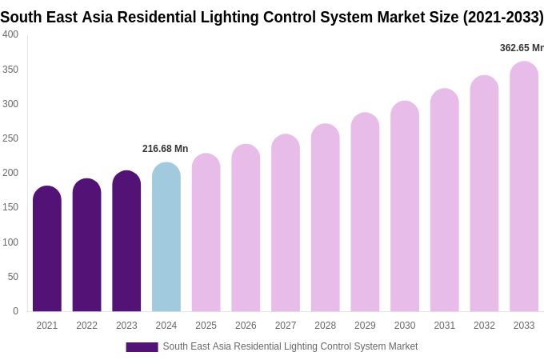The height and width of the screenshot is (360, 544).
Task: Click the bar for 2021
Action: coord(47,250)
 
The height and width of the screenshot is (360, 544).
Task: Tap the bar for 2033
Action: coord(524,187)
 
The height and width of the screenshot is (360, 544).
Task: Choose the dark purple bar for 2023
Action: coord(126,242)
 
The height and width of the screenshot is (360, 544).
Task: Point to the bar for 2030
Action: coord(405,207)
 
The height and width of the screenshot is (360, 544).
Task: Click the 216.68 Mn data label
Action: coord(165,149)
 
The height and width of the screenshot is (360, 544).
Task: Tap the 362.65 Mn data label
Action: coord(521,48)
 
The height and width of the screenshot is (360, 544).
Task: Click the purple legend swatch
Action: coord(142,347)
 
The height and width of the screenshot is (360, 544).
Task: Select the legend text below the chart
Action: coord(290,346)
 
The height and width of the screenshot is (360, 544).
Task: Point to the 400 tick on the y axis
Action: coord(10,34)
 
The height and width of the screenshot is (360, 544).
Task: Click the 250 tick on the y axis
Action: coord(10,138)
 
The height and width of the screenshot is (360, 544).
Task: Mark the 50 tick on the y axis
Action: coord(13,277)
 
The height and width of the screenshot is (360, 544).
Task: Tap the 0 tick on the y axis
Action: coord(15,311)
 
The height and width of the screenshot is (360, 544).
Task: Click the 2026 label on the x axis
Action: coord(246,326)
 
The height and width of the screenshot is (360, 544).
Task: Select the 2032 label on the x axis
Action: coord(484,326)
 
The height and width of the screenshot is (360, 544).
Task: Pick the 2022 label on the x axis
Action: coord(86,326)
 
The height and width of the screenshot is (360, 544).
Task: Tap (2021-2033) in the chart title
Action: coord(503,17)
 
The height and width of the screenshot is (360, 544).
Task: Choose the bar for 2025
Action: coord(206,233)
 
